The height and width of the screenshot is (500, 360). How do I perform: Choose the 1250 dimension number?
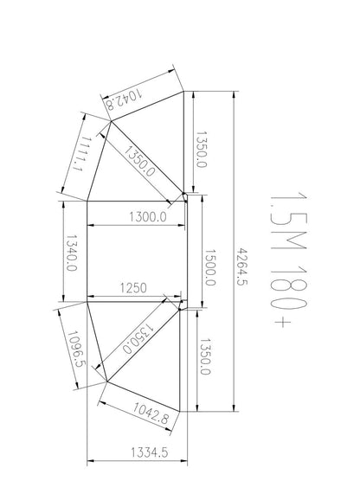click(135, 288)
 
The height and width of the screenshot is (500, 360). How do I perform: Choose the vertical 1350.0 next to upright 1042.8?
click(205, 355)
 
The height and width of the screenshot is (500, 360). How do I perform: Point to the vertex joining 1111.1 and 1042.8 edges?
click(107, 122)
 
